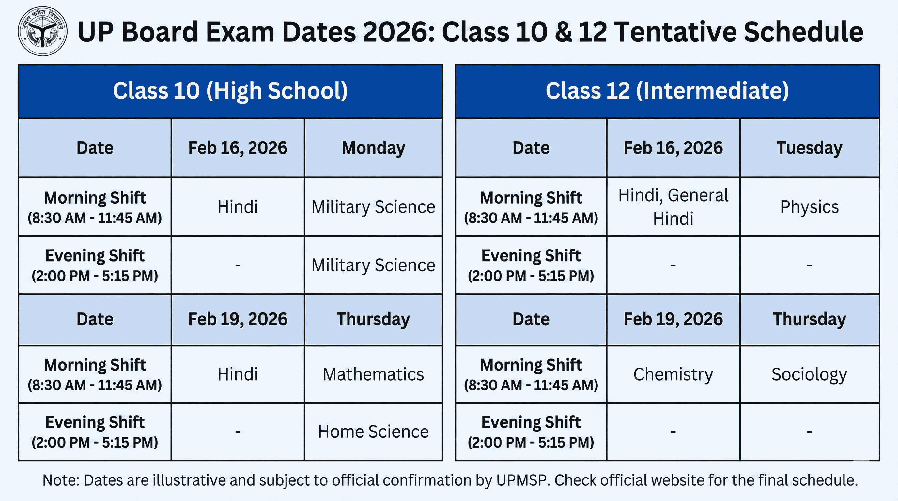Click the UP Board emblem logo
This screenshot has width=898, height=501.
tap(42, 31)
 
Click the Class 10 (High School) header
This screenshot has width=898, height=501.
tap(230, 91)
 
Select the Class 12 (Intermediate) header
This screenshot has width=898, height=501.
tap(667, 91)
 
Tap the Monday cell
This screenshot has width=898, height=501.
tap(373, 148)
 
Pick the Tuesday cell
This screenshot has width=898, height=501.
tap(809, 148)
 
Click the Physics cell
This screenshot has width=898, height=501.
tap(809, 207)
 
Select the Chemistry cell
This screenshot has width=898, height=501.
tap(673, 374)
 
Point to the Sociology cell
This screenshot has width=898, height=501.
tap(809, 374)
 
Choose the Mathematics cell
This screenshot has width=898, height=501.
tap(373, 374)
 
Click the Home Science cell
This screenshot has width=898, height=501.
tap(373, 432)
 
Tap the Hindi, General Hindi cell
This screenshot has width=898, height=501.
tap(673, 207)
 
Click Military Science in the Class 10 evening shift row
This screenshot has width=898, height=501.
tap(373, 265)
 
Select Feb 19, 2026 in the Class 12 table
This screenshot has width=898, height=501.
tap(673, 319)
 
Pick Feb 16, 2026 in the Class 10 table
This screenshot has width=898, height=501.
tap(238, 148)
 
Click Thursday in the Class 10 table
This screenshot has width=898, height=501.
tap(373, 319)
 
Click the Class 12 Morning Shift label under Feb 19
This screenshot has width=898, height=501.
tap(531, 374)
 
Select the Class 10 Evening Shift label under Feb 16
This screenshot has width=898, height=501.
tap(95, 265)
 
